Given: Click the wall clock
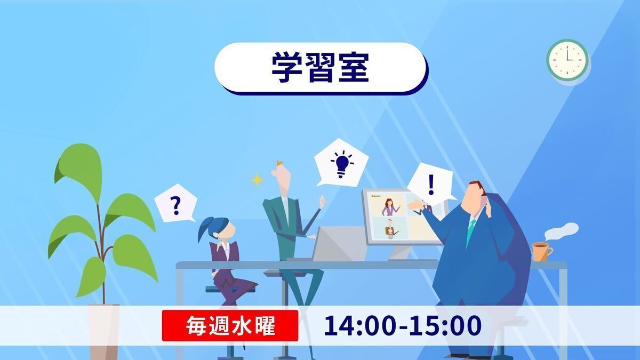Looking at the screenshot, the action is (567, 60).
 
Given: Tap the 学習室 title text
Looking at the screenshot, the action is (321, 67).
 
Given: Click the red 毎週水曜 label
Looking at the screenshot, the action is (230, 326).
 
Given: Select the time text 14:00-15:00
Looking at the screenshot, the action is (403, 325).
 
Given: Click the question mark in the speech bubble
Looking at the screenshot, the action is (176, 206).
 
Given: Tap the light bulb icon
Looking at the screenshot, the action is (342, 164).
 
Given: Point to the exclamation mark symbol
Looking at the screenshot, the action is (431, 185).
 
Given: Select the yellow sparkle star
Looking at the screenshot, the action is (257, 180).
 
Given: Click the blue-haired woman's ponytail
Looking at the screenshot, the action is (205, 229).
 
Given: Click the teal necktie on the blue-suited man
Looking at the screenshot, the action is (470, 231).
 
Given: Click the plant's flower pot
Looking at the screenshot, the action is (103, 331).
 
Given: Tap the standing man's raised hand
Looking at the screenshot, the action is (323, 202).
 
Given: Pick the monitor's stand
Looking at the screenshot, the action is (402, 253).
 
